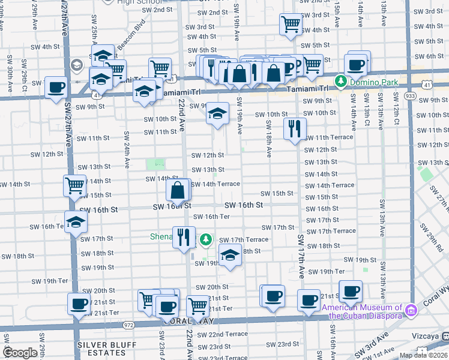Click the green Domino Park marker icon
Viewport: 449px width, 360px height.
(x=340, y=80)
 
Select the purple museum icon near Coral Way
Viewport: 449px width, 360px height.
(x=411, y=310)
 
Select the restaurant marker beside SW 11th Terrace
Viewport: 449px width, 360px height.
(x=295, y=128)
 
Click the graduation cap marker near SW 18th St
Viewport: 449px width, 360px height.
(x=229, y=254)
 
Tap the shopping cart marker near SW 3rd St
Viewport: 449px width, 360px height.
(x=291, y=25)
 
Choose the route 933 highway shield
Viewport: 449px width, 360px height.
(x=410, y=96)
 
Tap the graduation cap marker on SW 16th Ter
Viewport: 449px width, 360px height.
(x=76, y=222)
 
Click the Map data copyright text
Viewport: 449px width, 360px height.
(x=423, y=355)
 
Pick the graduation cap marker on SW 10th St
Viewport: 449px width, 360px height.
(x=218, y=113)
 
